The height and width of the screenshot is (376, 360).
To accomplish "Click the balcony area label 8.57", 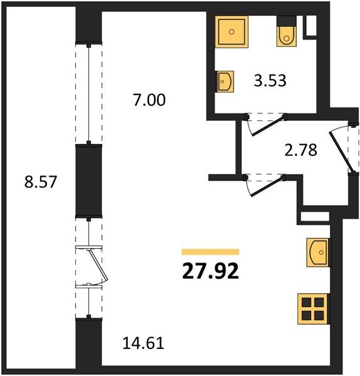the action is [41, 182].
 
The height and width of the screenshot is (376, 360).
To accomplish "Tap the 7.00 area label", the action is [149, 100].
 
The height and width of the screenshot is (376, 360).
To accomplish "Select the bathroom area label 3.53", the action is [270, 81].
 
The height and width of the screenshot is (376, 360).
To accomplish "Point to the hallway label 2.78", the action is [301, 150].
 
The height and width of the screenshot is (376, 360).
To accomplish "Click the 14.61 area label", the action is [143, 343].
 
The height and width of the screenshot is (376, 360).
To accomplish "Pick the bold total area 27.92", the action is [210, 271].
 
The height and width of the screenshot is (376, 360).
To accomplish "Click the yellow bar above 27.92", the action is [210, 252].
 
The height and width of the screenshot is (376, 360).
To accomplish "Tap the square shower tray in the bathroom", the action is [232, 32].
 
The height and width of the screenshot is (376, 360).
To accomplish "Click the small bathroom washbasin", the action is [225, 81].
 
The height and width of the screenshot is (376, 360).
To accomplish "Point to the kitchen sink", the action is [318, 253].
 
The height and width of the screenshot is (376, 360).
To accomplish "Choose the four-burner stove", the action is [313, 309].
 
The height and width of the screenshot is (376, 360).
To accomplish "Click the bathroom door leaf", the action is [268, 126].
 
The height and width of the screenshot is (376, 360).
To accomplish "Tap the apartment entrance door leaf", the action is [341, 152].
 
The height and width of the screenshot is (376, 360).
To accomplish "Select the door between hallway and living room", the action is [267, 187].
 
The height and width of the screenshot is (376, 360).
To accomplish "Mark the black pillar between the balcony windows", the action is [89, 181].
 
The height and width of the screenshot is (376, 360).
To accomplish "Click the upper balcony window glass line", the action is [89, 93].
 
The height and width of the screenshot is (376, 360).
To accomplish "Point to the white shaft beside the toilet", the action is [311, 26].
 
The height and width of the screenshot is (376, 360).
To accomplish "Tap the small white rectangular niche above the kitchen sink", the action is [315, 217].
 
